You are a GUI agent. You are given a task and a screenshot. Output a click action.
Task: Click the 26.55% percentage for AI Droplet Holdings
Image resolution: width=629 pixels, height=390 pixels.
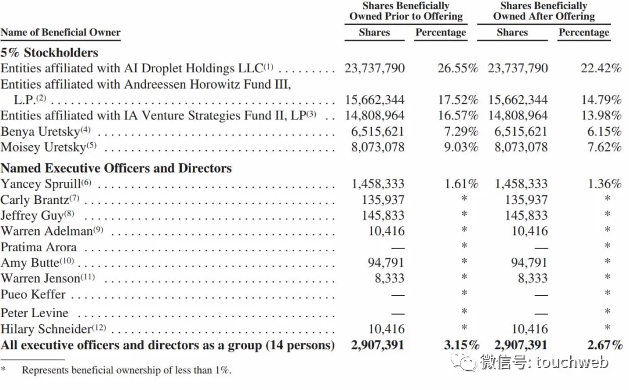(458, 68)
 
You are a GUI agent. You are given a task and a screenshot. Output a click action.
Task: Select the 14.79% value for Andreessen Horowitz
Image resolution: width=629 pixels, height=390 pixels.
(601, 100)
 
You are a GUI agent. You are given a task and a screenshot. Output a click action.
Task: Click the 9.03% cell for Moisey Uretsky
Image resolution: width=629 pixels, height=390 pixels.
(461, 147)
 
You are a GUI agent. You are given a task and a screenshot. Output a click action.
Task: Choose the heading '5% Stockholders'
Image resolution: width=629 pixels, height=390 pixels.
(50, 52)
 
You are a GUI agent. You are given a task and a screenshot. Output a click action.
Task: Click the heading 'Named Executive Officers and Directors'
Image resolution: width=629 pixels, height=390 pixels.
(116, 168)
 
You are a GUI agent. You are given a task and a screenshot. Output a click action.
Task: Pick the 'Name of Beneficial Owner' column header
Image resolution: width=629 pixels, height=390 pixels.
(61, 33)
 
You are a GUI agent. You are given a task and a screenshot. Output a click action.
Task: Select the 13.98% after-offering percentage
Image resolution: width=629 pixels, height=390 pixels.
(601, 115)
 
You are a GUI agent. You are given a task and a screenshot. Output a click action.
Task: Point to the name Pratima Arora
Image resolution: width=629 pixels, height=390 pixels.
(38, 247)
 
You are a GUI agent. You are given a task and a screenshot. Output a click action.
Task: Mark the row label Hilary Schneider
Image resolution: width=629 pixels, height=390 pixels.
(47, 329)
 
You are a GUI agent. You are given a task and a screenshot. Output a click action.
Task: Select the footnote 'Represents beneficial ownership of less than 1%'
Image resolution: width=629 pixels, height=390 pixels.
(126, 370)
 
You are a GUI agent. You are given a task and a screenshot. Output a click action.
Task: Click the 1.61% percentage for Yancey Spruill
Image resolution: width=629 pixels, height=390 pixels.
(461, 184)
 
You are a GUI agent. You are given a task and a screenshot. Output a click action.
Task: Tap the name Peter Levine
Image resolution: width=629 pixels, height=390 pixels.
(34, 313)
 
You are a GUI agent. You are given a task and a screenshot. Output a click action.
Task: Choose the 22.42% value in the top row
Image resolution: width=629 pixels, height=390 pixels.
(601, 68)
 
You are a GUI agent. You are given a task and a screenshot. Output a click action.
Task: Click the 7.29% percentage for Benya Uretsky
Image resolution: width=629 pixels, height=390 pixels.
(461, 132)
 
